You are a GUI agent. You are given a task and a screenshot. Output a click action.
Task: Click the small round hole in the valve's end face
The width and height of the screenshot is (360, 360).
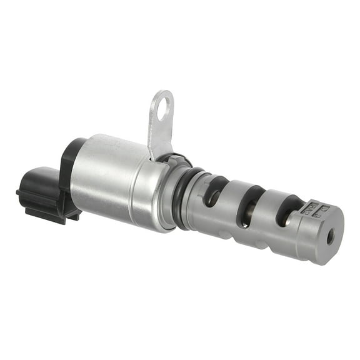pos(330,236)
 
